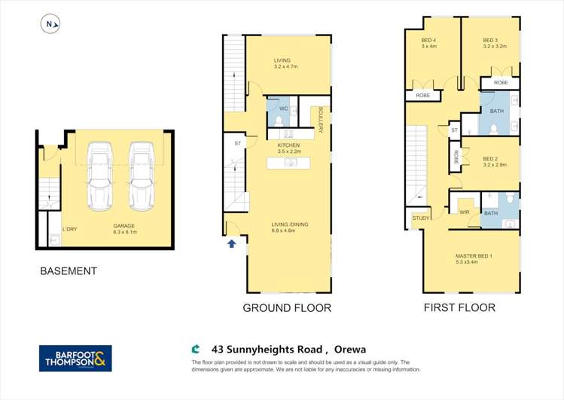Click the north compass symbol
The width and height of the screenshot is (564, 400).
[x=49, y=24]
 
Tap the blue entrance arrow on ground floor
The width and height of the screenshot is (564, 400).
[x=232, y=243]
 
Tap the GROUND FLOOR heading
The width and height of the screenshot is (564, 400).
[x=286, y=308]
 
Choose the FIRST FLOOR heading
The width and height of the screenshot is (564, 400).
[x=460, y=307]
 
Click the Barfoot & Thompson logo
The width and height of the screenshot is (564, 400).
[x=75, y=358]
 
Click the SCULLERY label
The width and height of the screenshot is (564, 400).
[x=320, y=119]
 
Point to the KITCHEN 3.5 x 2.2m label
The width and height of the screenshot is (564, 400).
[x=288, y=148]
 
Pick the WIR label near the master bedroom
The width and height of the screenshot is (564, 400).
[x=464, y=213]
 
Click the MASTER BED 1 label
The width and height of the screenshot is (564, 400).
[x=474, y=259]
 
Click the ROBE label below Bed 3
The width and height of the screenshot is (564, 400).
[x=501, y=82]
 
